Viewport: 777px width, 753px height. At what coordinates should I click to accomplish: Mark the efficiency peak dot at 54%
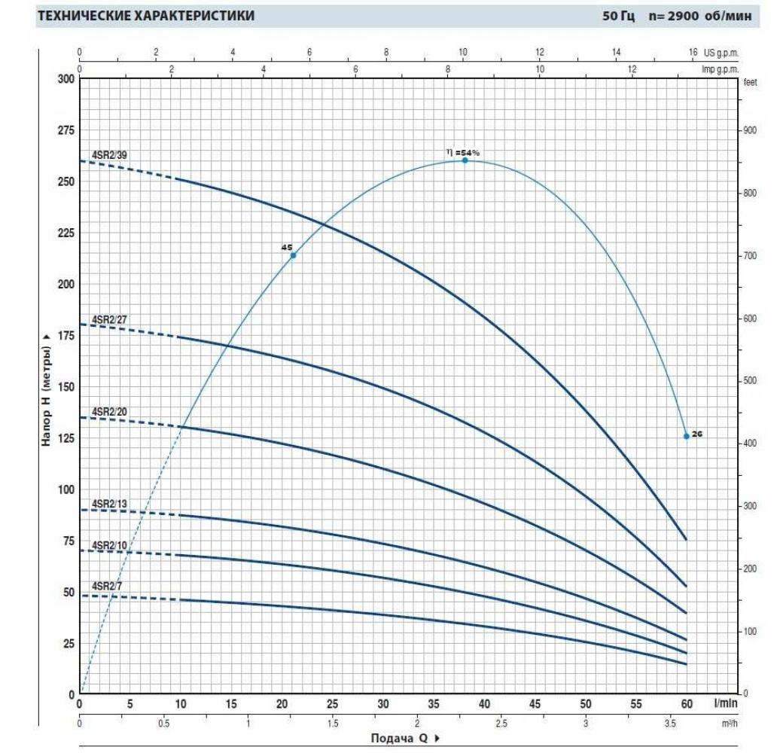click(x=465, y=160)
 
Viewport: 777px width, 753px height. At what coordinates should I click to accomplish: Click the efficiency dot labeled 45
click(x=293, y=255)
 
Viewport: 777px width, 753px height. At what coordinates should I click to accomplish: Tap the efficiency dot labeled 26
click(x=686, y=436)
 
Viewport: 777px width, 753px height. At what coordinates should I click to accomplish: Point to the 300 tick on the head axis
click(x=66, y=80)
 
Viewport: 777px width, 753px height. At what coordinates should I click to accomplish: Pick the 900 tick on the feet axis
click(x=750, y=131)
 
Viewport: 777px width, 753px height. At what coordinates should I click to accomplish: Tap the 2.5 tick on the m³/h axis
click(x=501, y=723)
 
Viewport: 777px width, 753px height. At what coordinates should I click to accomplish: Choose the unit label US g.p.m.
click(x=722, y=53)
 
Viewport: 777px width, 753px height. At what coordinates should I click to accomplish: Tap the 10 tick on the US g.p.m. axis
click(x=463, y=52)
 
